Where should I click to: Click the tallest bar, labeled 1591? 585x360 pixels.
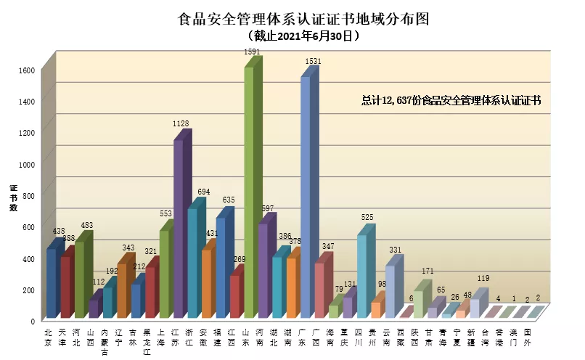click(249, 192)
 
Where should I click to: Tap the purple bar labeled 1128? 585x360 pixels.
click(179, 229)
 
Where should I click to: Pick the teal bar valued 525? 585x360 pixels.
click(361, 276)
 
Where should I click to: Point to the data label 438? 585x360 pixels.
click(59, 231)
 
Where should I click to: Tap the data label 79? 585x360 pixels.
click(337, 289)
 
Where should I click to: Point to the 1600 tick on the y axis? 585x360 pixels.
click(27, 70)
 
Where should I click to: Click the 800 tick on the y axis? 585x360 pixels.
click(27, 195)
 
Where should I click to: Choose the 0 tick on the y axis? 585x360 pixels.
click(33, 320)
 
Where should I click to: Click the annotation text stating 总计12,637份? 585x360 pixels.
click(451, 100)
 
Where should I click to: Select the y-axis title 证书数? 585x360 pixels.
click(13, 198)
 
